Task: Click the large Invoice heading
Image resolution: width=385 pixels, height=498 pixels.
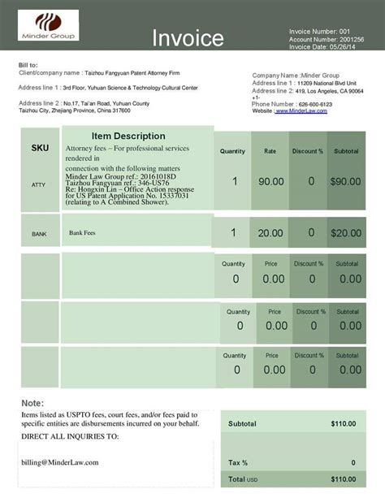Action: point(188,37)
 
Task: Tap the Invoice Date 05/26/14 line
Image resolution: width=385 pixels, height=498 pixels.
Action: point(323,47)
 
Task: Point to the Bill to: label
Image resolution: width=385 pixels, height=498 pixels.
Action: point(28,64)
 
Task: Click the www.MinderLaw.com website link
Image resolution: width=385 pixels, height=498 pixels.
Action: point(303,110)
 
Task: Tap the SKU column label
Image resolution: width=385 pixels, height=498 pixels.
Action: point(40,149)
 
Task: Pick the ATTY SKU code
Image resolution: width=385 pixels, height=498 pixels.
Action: point(39,185)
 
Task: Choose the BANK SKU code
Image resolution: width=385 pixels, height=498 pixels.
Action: point(39,234)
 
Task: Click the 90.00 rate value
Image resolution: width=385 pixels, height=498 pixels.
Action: point(270,182)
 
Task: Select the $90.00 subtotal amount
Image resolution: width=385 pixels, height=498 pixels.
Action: point(345,182)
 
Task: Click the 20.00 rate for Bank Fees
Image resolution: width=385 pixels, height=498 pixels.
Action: point(270,233)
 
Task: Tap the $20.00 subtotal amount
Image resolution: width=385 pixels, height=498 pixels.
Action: point(345,233)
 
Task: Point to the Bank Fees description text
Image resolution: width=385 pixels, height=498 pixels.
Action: point(83,233)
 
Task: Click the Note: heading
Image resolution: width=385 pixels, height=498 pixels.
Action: point(32,403)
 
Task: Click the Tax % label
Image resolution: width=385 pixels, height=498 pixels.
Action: point(238,462)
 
